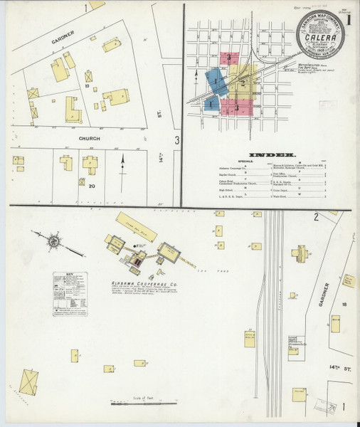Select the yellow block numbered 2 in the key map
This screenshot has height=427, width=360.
point(243,83)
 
